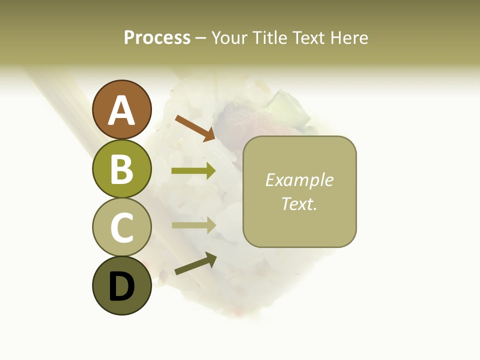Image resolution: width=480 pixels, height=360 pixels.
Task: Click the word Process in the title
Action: (157, 37)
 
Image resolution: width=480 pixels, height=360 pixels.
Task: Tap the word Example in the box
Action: (299, 180)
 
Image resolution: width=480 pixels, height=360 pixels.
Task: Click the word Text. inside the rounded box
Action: (299, 203)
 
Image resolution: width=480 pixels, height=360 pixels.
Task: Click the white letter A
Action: (122, 110)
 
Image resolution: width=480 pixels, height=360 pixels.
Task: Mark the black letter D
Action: (122, 286)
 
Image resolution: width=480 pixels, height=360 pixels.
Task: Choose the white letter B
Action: (122, 169)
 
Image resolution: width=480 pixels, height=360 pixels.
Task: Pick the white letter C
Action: (122, 227)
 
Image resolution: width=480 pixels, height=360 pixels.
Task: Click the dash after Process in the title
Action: (201, 38)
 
